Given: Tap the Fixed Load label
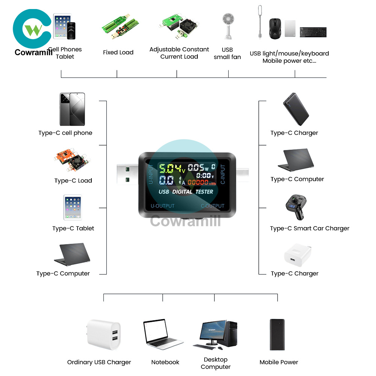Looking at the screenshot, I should [x=118, y=53].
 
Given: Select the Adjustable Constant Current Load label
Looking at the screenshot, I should [x=179, y=53].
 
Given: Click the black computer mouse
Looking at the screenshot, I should [x=275, y=28].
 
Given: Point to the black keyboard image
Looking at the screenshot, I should [x=313, y=32].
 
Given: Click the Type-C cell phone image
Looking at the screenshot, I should [x=72, y=109].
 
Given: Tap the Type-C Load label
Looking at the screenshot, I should [x=73, y=181].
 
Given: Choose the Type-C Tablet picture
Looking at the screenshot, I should [x=73, y=207].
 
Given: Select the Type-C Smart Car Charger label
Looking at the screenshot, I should [x=309, y=229].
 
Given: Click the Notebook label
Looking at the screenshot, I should [x=165, y=362].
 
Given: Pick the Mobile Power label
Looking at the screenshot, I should [x=279, y=362].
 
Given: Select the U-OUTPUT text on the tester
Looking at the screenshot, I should [x=162, y=206].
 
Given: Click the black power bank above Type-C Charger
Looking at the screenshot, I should [x=296, y=109].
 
